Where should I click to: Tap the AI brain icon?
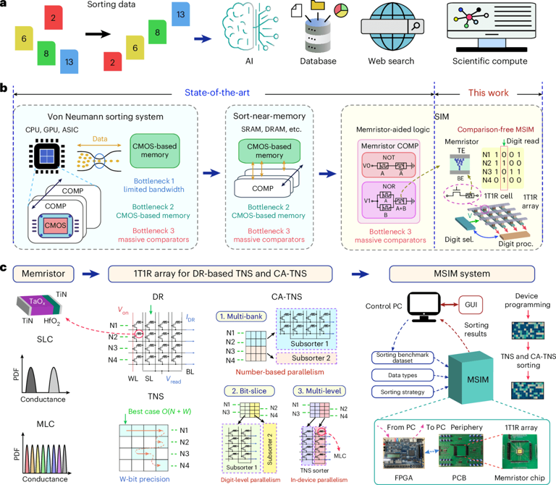[x=248, y=29]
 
